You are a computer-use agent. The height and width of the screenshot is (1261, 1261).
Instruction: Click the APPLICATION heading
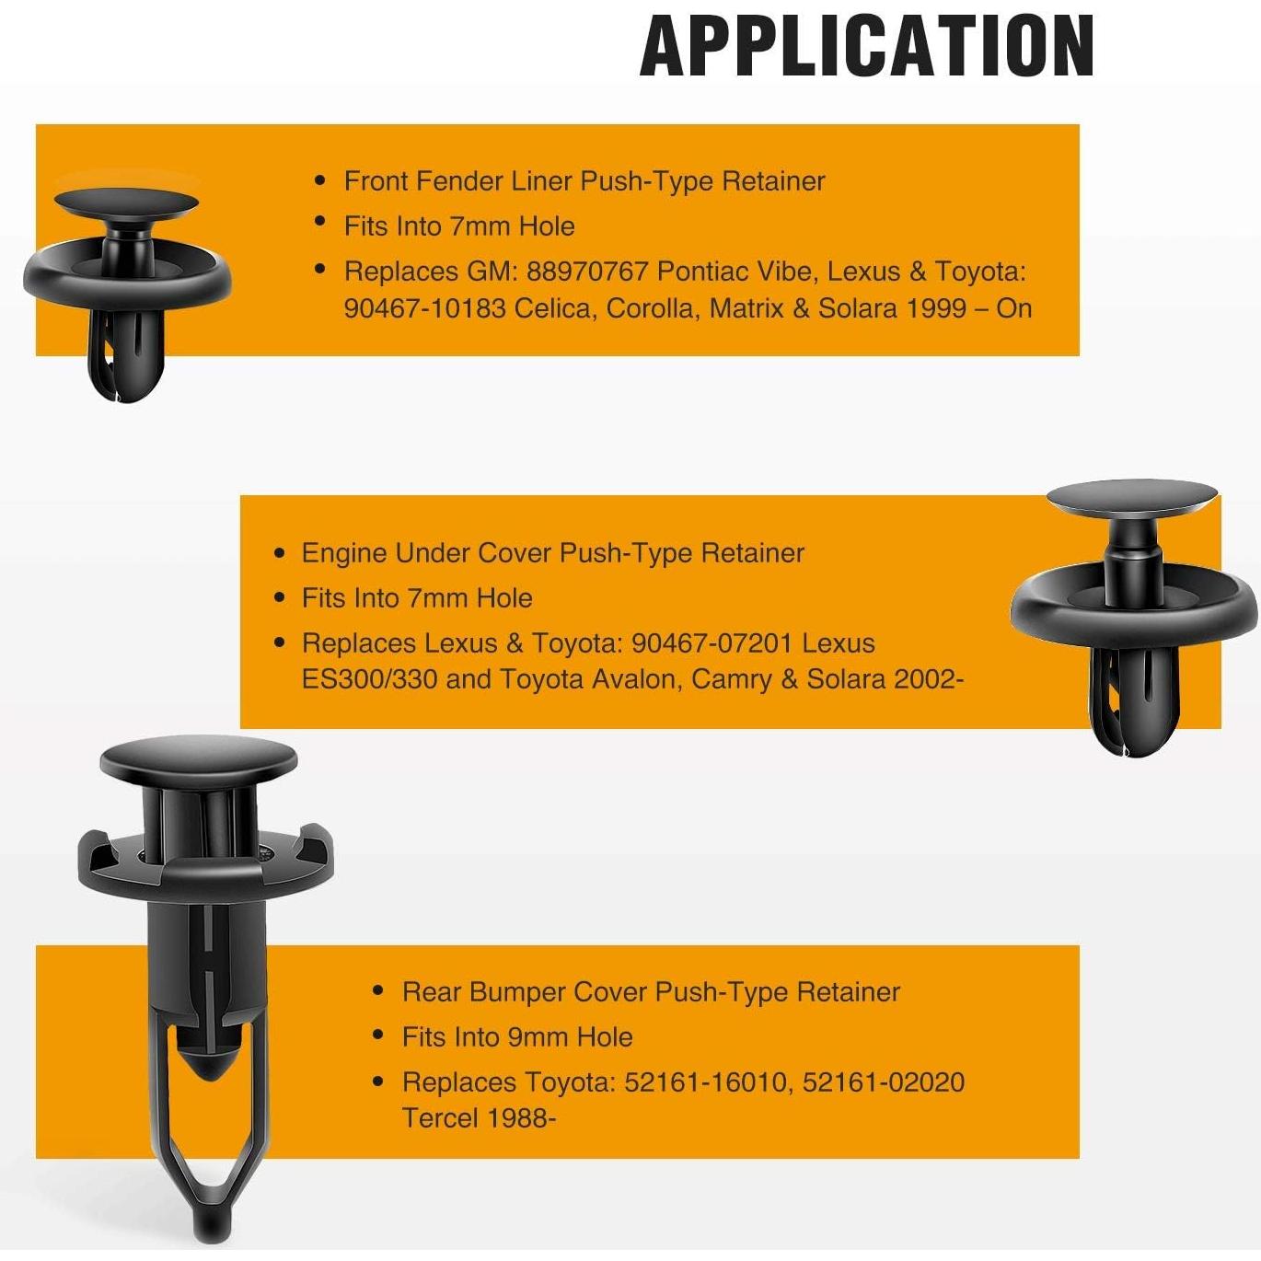coord(866,46)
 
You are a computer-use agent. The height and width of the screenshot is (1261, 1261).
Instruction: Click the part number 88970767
coord(588,272)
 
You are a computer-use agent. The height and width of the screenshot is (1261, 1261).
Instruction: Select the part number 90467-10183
coord(424,307)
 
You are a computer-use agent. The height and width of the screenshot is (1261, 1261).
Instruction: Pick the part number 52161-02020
coord(884,1082)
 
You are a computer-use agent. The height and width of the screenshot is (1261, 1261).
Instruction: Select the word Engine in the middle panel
coord(344,553)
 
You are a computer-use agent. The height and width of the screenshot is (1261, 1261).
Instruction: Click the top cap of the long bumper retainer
coord(198,760)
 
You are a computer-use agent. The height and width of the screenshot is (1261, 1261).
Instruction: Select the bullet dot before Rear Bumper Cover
coord(378,991)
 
